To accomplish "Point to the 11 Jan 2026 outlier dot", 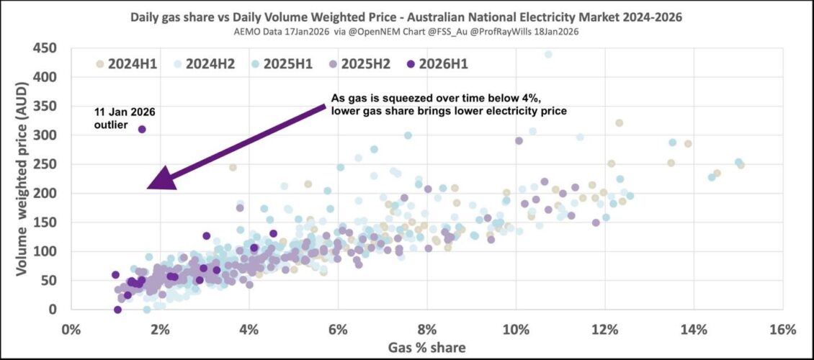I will [x=142, y=130].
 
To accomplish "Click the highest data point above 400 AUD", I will [x=548, y=54].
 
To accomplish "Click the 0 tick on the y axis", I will [x=56, y=310].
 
